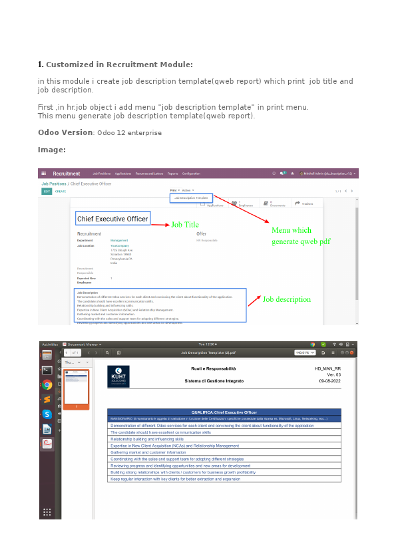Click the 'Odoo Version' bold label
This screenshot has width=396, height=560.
click(x=65, y=132)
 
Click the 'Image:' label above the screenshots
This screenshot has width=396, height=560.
click(x=51, y=150)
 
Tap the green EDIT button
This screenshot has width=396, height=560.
click(x=47, y=192)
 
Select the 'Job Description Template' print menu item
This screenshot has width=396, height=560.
click(x=191, y=198)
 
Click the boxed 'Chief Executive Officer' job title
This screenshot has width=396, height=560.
click(x=112, y=219)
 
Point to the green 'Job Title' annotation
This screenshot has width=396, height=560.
click(x=185, y=225)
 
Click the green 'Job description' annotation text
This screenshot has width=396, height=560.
click(x=286, y=299)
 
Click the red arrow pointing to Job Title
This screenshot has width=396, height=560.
click(x=160, y=225)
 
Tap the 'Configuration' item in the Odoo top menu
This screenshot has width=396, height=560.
click(x=191, y=174)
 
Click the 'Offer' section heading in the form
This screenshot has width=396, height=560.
click(x=201, y=234)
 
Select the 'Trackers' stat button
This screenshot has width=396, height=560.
click(x=304, y=204)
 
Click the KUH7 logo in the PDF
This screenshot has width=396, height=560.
click(x=118, y=376)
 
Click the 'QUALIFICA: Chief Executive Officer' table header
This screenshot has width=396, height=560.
click(x=224, y=412)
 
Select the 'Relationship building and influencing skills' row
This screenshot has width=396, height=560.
click(x=151, y=439)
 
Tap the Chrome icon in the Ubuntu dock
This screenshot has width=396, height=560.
click(x=47, y=384)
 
